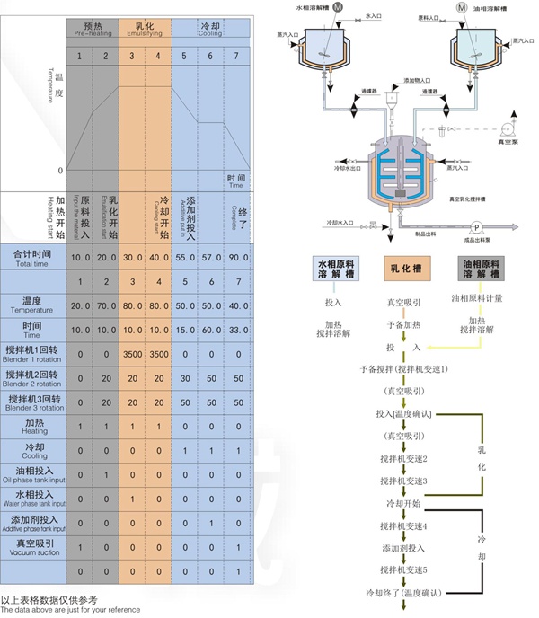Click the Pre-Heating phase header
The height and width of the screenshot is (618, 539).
click(x=93, y=29)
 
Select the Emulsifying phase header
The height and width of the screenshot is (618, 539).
click(x=145, y=29)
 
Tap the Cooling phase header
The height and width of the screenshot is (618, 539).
click(x=210, y=29)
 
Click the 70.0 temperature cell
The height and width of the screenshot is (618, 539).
click(x=106, y=305)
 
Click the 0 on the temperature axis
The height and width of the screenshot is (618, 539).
click(x=59, y=171)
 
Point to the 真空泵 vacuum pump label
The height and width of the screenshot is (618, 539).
click(x=510, y=140)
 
